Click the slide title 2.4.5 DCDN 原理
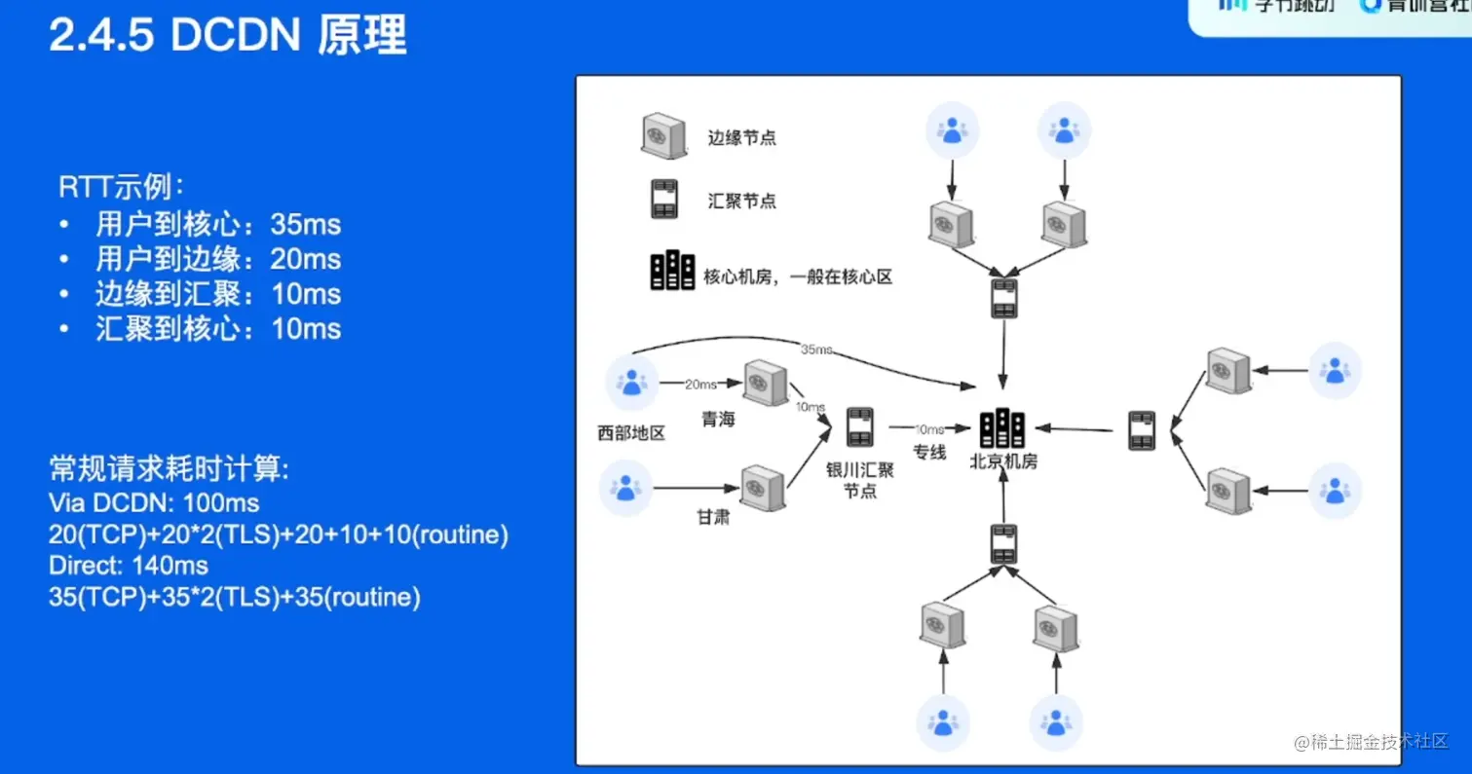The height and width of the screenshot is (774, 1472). pyautogui.click(x=228, y=37)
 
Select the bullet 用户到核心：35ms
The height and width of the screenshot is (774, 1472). pyautogui.click(x=218, y=225)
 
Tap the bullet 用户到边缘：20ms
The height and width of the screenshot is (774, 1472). pyautogui.click(x=218, y=259)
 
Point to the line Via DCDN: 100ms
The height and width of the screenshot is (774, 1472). pyautogui.click(x=154, y=502)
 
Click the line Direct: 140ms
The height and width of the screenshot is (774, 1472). pyautogui.click(x=129, y=565)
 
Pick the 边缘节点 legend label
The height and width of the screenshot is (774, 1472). pyautogui.click(x=741, y=138)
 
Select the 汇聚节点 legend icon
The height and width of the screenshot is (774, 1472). pyautogui.click(x=665, y=201)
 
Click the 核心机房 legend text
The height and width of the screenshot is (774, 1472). pyautogui.click(x=798, y=277)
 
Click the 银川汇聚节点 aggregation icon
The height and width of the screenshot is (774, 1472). pyautogui.click(x=859, y=427)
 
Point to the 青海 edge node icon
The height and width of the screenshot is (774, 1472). pyautogui.click(x=765, y=383)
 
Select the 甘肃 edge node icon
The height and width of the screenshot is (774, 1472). pyautogui.click(x=763, y=488)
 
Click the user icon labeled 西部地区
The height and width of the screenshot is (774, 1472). pyautogui.click(x=632, y=383)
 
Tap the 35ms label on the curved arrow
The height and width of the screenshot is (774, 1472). pyautogui.click(x=815, y=349)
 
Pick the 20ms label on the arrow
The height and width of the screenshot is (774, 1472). pyautogui.click(x=701, y=385)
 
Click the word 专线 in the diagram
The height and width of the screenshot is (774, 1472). pyautogui.click(x=929, y=452)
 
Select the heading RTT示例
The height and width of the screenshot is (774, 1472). pyautogui.click(x=121, y=186)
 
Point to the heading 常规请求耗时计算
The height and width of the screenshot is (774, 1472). pyautogui.click(x=169, y=470)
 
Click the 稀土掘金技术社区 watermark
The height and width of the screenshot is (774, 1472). pyautogui.click(x=1372, y=742)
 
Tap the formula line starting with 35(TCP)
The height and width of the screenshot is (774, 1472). pyautogui.click(x=234, y=597)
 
